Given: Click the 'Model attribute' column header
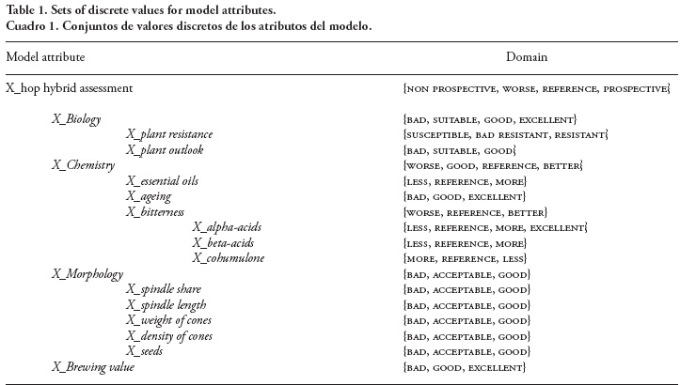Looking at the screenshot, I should click(x=45, y=57).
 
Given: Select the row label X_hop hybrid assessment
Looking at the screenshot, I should click(x=69, y=88).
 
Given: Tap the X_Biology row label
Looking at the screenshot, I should click(x=76, y=119).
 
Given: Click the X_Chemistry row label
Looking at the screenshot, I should click(x=83, y=165).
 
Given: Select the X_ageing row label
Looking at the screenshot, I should click(x=152, y=196).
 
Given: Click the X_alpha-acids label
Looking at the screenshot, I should click(x=228, y=227).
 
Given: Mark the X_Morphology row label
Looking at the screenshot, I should click(x=87, y=274).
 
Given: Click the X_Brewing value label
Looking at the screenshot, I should click(x=93, y=367).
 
